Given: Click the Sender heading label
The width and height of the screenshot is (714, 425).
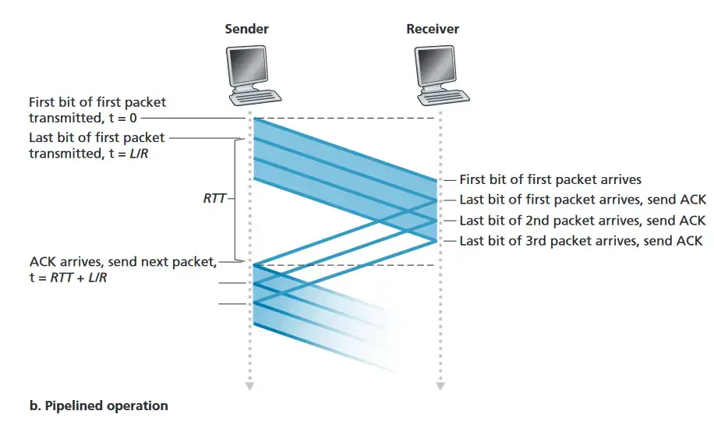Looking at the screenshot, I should (247, 30).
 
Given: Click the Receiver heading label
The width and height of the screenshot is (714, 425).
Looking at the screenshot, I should (433, 30).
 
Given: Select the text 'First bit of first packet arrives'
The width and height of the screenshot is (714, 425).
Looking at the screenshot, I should (550, 180).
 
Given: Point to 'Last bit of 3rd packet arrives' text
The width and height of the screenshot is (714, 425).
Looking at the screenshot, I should (550, 241).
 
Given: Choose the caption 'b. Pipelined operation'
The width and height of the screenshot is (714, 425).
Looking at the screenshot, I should (99, 406).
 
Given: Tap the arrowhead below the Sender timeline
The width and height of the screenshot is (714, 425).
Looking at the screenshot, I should (249, 385).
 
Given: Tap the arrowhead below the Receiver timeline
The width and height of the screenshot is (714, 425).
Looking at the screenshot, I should (440, 385).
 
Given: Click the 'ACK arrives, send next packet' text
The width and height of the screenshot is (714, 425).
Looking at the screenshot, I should (122, 261).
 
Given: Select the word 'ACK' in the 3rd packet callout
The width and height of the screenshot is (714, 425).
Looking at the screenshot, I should (688, 241).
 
